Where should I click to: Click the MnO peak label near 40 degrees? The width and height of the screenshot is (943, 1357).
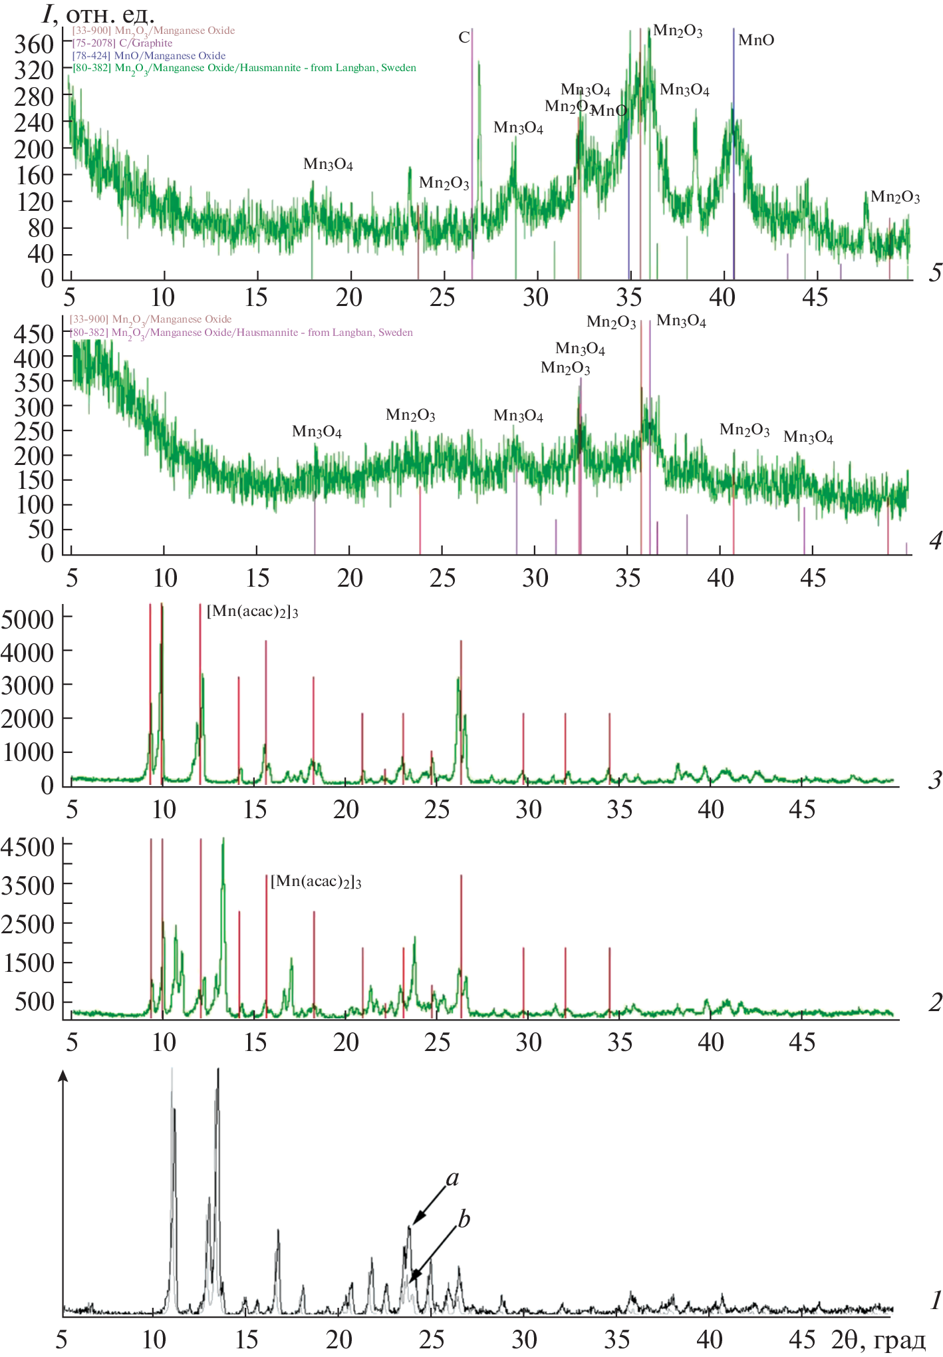756,40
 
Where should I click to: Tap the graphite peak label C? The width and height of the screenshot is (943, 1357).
464,37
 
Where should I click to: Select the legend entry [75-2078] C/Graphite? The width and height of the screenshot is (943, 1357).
122,43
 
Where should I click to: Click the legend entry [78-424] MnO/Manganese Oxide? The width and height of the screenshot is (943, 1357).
149,56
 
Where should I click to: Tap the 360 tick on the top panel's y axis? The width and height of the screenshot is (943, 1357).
33,44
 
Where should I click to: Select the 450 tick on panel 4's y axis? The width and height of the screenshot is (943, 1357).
33,334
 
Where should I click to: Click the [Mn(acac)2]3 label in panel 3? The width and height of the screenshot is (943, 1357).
252,611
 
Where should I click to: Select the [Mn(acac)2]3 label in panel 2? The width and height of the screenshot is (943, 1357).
316,881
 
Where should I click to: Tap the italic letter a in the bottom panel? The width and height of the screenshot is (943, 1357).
452,1179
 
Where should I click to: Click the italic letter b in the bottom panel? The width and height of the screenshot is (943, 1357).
464,1219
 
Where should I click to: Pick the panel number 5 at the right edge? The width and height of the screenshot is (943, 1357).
935,272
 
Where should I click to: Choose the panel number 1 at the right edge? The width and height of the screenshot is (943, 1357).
935,1300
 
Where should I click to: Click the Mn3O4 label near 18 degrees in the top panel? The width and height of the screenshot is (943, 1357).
328,164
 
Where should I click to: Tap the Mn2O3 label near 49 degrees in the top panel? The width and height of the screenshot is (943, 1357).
895,197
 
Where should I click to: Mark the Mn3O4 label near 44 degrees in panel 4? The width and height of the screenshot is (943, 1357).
808,437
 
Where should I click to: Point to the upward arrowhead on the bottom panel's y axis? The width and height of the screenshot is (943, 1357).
63,1076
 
